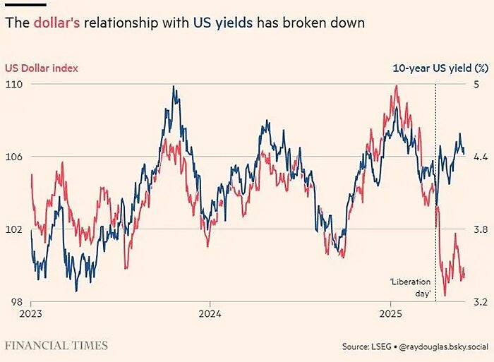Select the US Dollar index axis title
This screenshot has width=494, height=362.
click(41, 68)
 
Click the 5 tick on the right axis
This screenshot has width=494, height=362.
click(476, 84)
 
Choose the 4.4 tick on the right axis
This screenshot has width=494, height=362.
click(480, 157)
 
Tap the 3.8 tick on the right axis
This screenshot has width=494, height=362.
click(480, 229)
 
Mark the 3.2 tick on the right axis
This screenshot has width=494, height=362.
click(480, 302)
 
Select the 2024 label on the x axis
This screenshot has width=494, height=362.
click(210, 313)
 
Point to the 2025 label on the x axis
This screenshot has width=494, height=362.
click(391, 313)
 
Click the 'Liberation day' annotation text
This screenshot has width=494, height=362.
click(410, 287)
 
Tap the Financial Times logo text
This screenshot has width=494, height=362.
click(56, 346)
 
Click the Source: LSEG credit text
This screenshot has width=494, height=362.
click(363, 346)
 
